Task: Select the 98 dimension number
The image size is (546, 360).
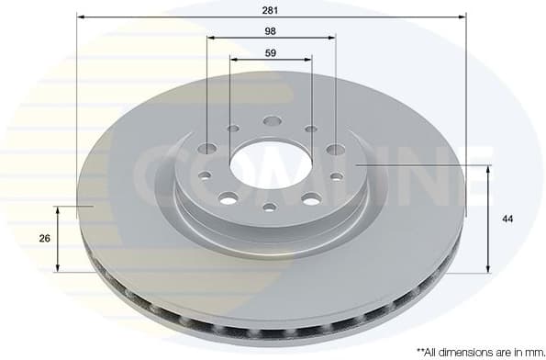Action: pyautogui.click(x=271, y=30)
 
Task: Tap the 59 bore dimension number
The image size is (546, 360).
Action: pyautogui.click(x=271, y=52)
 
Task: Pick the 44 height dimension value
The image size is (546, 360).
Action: pyautogui.click(x=507, y=219)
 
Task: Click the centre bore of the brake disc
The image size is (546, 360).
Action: pyautogui.click(x=271, y=166)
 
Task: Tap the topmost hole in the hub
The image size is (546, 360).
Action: pyautogui.click(x=272, y=120)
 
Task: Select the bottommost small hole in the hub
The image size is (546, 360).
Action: pyautogui.click(x=270, y=208)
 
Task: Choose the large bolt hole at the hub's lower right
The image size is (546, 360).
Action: pyautogui.click(x=311, y=198)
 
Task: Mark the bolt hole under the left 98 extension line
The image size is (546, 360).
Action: pyautogui.click(x=207, y=149)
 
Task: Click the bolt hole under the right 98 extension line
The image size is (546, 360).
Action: pyautogui.click(x=335, y=149)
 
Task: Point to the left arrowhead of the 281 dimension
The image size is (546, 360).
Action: pyautogui.click(x=81, y=17)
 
